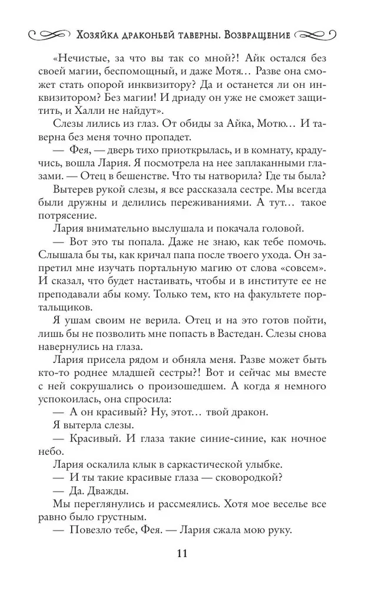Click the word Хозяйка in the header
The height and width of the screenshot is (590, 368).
pyautogui.click(x=101, y=35)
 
